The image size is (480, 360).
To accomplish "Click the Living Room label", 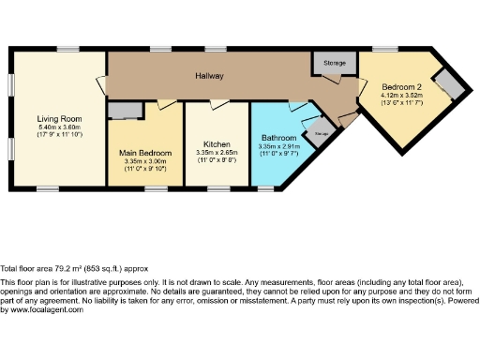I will [x=60, y=119].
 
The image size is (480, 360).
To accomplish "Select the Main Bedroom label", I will [x=145, y=152].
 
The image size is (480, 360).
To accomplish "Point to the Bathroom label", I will [x=277, y=139].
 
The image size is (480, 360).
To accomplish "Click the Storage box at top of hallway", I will [x=334, y=62].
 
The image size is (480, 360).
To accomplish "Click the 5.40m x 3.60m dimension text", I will [x=60, y=128].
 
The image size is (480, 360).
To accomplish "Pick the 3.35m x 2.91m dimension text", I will [x=277, y=146].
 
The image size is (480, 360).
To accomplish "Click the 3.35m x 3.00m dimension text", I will [x=145, y=160].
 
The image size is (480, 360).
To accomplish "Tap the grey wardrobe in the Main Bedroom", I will [x=124, y=111].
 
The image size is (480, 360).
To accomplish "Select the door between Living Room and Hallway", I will [x=101, y=85].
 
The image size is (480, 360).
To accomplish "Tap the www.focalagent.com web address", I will [x=41, y=310].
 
